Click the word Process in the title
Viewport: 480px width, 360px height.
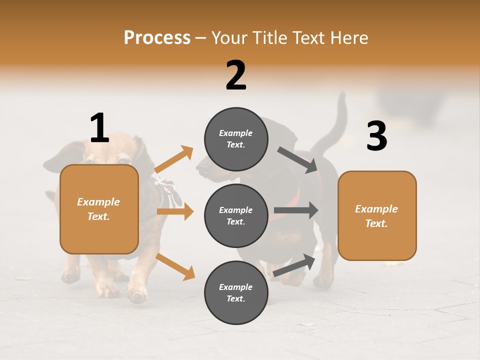tap(157, 38)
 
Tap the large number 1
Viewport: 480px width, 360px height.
tap(99, 128)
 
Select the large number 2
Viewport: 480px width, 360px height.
tap(236, 75)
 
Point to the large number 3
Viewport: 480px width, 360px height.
tap(376, 136)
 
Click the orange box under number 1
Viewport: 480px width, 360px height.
tap(99, 209)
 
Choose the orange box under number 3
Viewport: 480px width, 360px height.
tap(377, 215)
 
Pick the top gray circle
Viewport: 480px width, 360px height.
tap(236, 139)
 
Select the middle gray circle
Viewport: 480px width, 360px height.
tap(236, 215)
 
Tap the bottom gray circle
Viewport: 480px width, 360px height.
tap(236, 292)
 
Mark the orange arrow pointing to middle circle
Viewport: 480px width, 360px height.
tap(175, 211)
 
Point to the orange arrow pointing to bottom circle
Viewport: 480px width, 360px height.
tap(175, 266)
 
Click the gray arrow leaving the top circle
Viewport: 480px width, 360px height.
tap(298, 159)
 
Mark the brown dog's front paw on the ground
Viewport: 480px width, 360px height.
tap(136, 295)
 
